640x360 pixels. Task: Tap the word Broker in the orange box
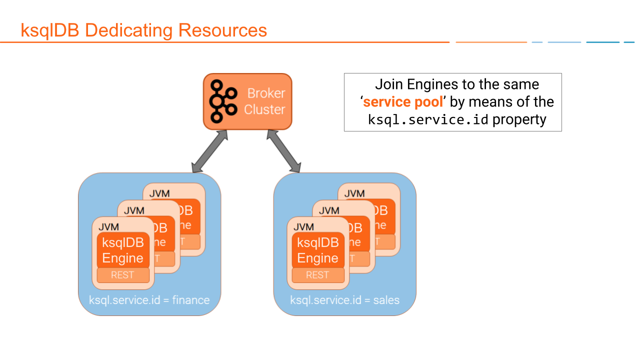click(x=266, y=93)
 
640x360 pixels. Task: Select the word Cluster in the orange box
click(x=264, y=109)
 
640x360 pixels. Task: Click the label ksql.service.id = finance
click(x=149, y=300)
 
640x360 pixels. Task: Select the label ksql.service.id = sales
click(x=344, y=300)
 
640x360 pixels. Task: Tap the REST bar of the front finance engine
click(x=122, y=275)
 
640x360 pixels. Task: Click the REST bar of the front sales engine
click(x=317, y=275)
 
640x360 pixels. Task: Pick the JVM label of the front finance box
click(x=108, y=227)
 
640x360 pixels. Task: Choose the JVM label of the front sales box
click(x=303, y=227)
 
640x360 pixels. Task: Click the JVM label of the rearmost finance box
click(x=159, y=193)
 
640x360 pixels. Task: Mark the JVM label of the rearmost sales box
click(x=354, y=193)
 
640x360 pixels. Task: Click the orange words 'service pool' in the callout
click(x=403, y=102)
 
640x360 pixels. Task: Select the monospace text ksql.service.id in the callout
click(x=428, y=120)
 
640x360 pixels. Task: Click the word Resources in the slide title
click(x=222, y=30)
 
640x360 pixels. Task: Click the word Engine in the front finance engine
click(x=122, y=258)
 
